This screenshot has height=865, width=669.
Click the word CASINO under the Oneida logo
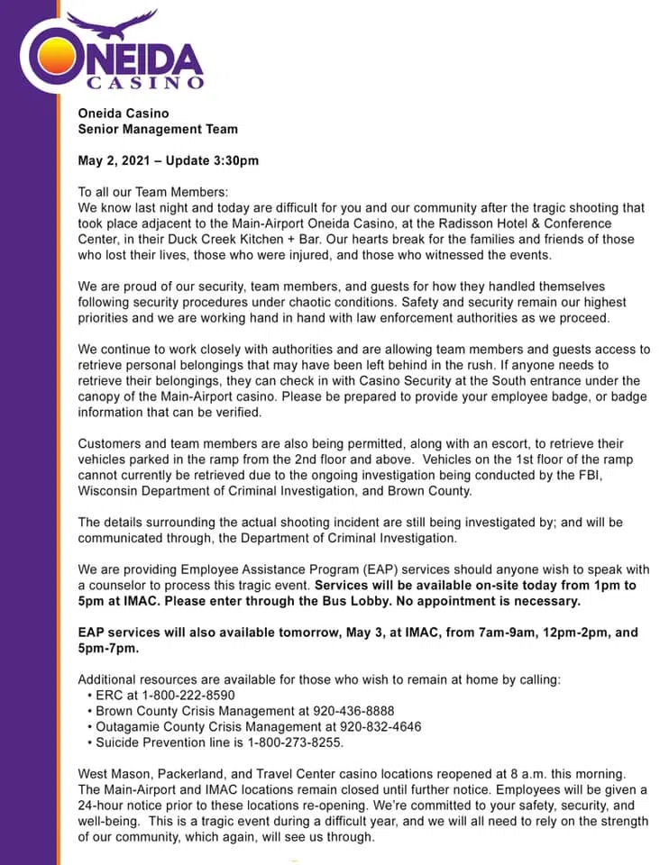coord(144,83)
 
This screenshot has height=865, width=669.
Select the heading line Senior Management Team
coord(158,129)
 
